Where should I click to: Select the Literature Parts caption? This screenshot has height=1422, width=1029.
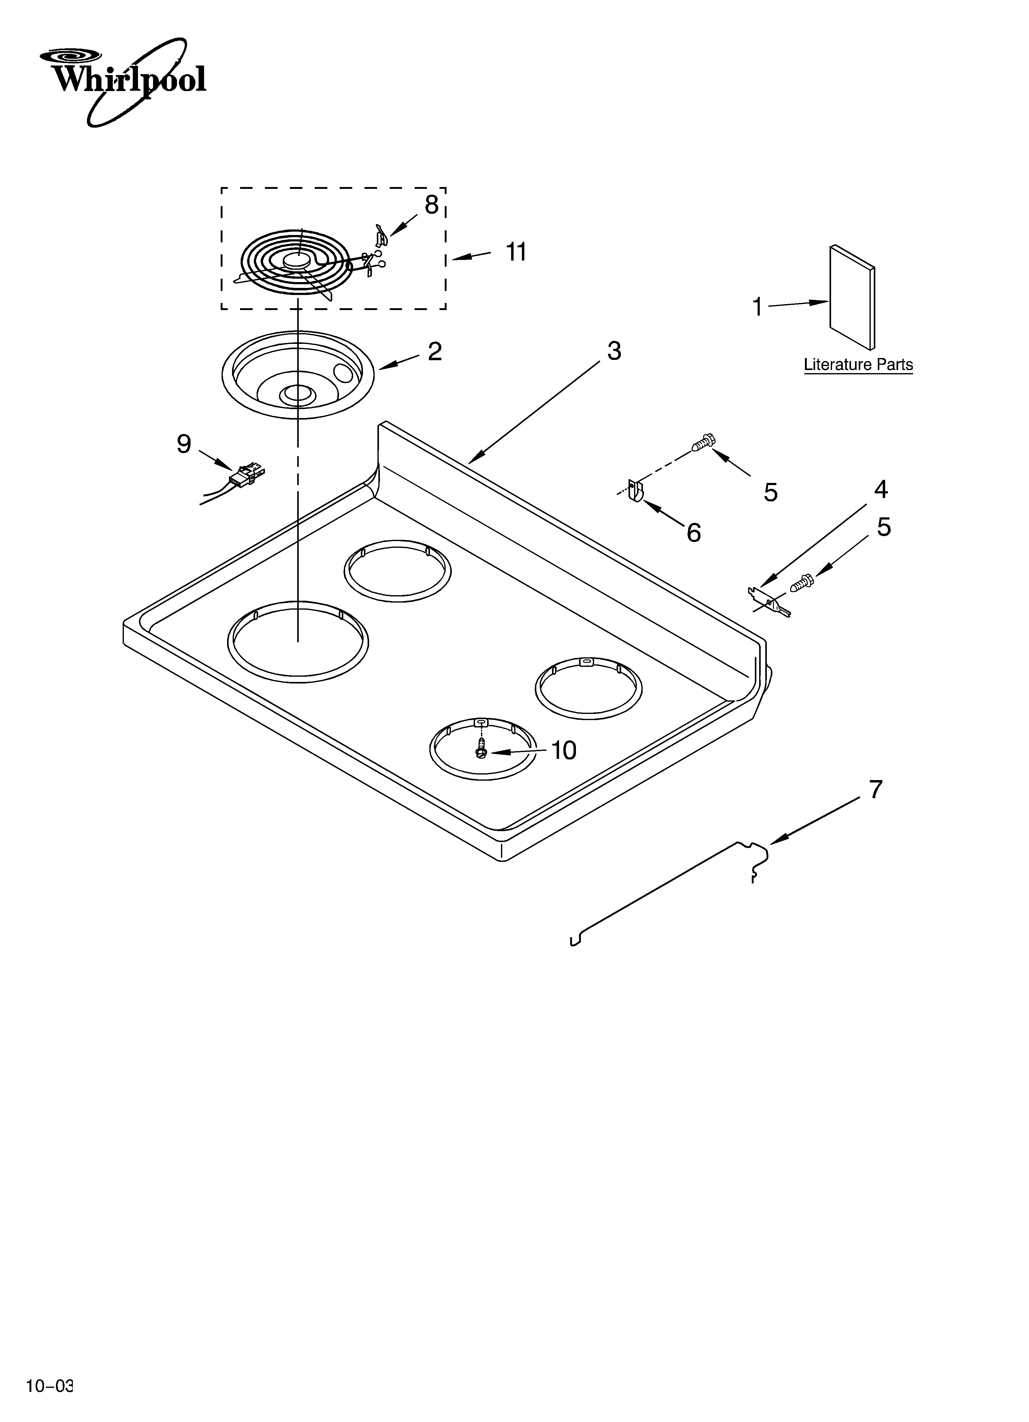[x=858, y=365]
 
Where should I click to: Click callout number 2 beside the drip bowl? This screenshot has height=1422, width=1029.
[x=435, y=352]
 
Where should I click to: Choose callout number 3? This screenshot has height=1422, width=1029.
[x=614, y=351]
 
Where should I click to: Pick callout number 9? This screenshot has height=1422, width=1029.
[x=183, y=444]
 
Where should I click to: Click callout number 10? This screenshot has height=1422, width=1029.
[x=563, y=751]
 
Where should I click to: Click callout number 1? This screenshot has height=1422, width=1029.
[x=758, y=307]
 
